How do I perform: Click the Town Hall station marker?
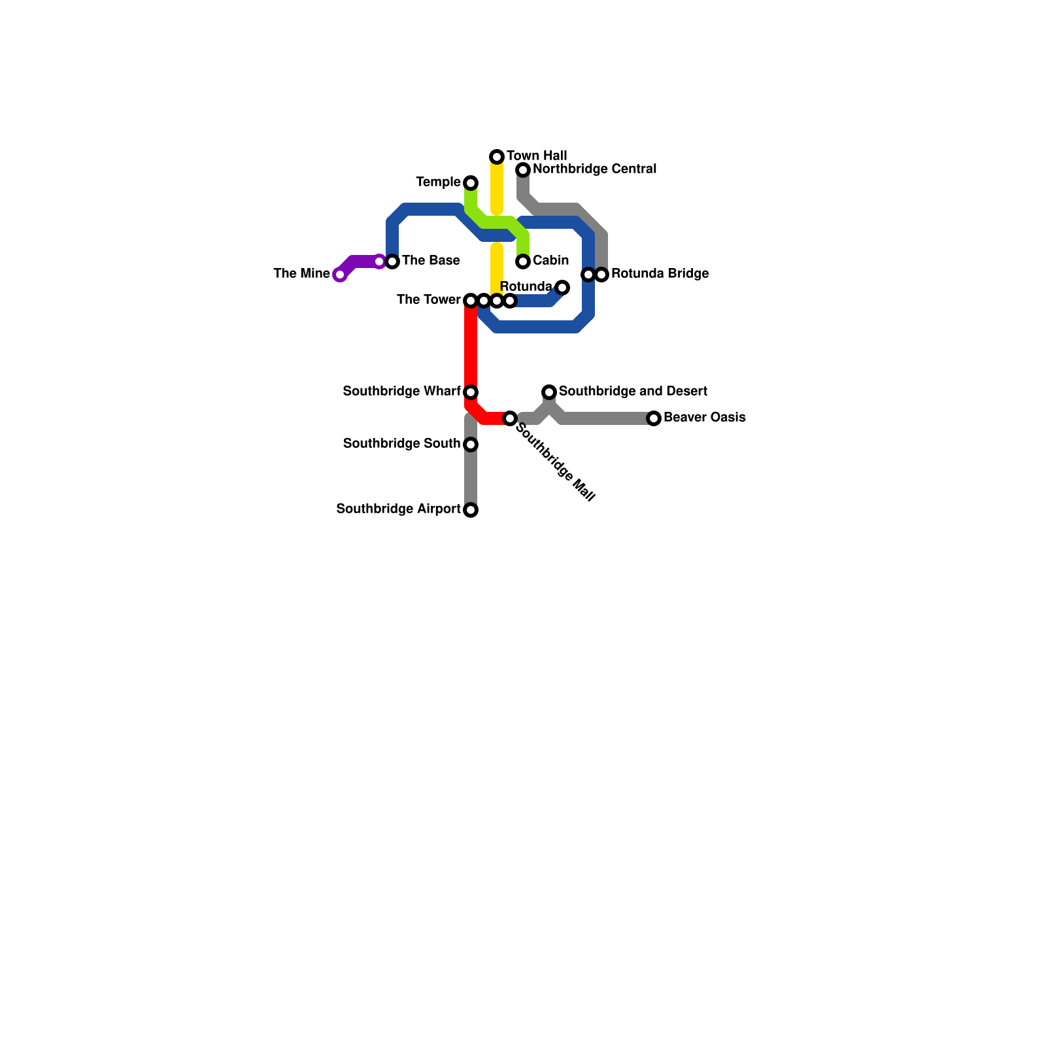(x=497, y=157)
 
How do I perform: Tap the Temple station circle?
(x=471, y=183)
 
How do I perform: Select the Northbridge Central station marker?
(x=523, y=170)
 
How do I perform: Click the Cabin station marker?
(x=523, y=261)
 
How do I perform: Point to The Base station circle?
(x=392, y=261)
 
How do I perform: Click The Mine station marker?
(x=339, y=275)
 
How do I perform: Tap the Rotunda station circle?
(x=562, y=288)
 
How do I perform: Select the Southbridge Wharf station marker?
(x=471, y=392)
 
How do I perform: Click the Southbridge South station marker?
(x=471, y=445)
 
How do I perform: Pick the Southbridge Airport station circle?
(x=471, y=510)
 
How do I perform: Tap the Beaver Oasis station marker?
(x=654, y=418)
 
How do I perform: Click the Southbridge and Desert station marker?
(x=549, y=392)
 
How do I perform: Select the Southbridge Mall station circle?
(x=510, y=418)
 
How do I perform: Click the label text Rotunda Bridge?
(x=660, y=274)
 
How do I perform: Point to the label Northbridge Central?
(x=594, y=169)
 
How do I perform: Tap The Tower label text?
(x=428, y=300)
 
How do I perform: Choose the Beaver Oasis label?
(x=704, y=418)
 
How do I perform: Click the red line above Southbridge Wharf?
(x=471, y=346)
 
